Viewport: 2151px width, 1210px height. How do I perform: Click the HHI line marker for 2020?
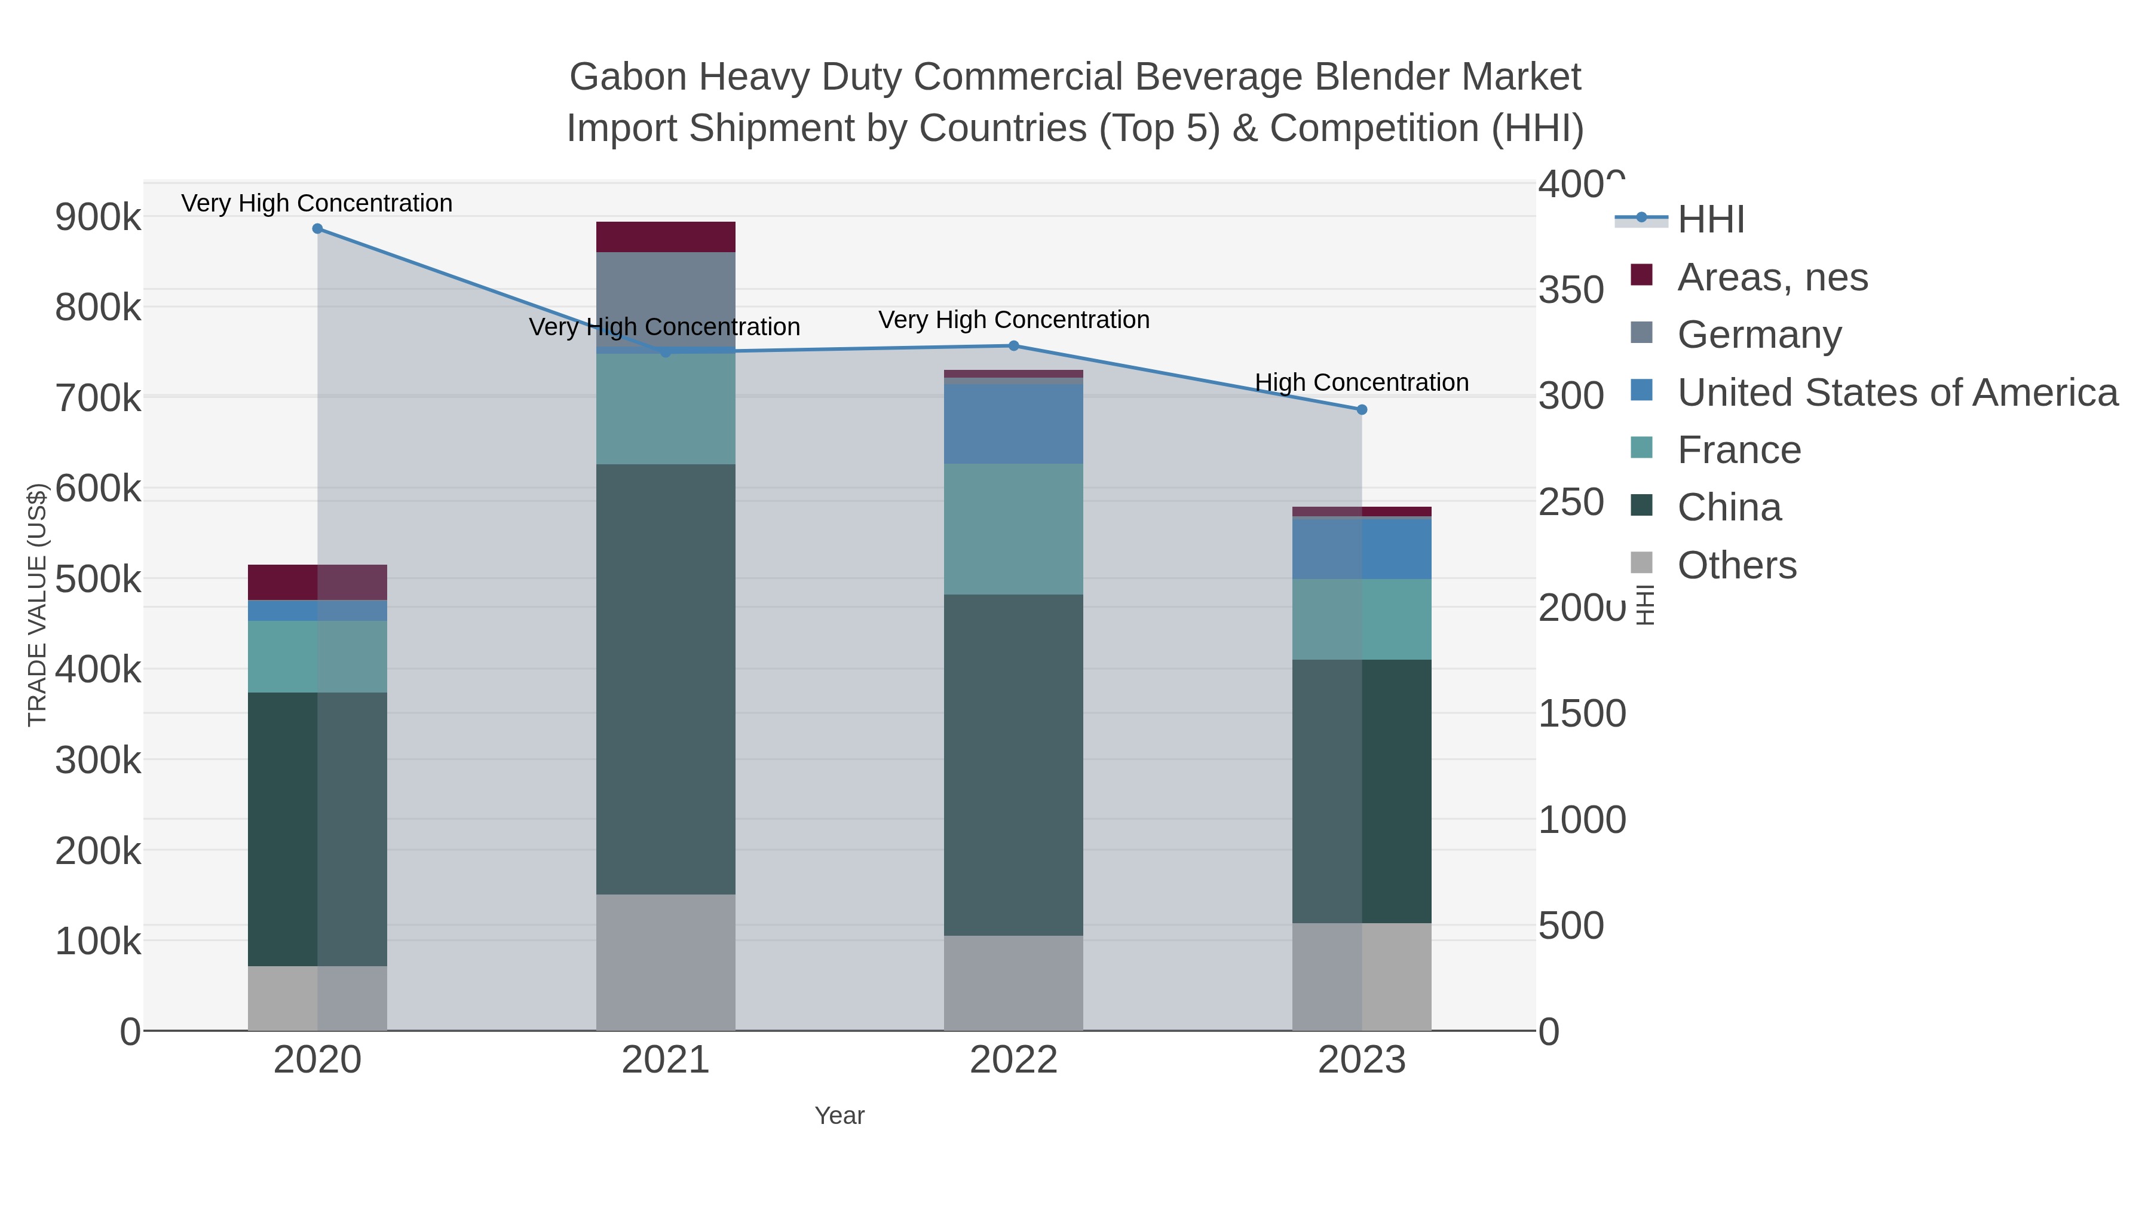317,229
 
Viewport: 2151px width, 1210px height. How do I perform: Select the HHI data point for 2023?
1362,410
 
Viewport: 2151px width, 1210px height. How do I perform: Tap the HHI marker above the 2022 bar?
1014,346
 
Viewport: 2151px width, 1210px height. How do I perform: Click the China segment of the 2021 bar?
666,678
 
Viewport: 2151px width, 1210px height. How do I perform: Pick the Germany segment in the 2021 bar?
666,298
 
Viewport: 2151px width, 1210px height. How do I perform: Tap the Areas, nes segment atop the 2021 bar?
666,236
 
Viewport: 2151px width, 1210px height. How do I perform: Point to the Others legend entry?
1736,565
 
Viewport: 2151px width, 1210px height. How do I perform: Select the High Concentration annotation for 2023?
1361,382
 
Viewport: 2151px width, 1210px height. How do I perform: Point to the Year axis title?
839,1116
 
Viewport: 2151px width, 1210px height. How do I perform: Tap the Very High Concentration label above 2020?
317,203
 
